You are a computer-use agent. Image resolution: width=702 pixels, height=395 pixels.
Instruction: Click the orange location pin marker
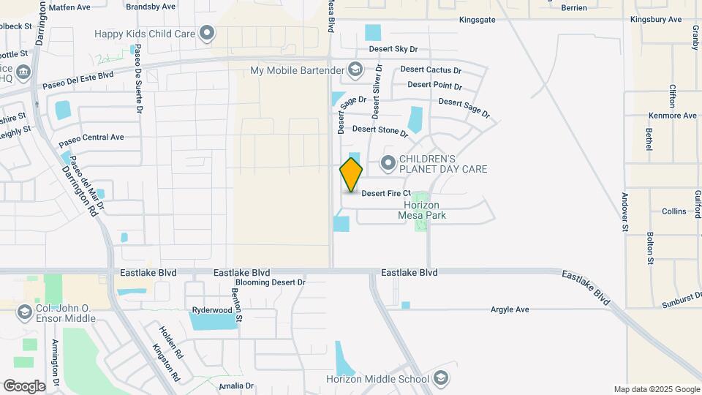pos(351,174)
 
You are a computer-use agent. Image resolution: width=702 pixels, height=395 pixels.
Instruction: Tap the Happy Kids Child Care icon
pos(208,33)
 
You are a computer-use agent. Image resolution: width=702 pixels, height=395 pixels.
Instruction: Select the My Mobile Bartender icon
pos(355,70)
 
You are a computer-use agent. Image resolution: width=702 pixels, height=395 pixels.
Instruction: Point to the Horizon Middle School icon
pos(440,378)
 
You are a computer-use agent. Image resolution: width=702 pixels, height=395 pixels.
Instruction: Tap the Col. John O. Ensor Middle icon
pos(24,312)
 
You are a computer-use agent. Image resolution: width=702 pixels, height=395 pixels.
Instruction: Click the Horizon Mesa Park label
pos(421,210)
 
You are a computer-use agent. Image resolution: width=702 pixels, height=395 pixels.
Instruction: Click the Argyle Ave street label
pos(510,309)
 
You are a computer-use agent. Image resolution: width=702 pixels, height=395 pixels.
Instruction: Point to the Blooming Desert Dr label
pos(270,282)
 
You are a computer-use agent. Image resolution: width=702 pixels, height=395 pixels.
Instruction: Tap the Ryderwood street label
pos(211,310)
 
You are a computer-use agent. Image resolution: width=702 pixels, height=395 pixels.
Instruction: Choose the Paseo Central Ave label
pos(91,138)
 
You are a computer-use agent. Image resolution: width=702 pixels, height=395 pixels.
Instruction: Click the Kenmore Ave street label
pos(673,116)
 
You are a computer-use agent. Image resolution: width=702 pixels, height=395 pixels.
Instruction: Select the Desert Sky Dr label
pos(393,49)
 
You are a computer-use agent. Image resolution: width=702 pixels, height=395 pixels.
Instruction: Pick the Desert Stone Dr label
pos(380,130)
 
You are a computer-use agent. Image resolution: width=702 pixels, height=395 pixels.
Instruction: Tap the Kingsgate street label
pos(477,20)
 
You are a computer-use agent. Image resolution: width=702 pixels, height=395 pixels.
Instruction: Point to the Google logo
pos(24,385)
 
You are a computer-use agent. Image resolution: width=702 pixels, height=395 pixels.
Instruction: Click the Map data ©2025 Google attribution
pos(656,389)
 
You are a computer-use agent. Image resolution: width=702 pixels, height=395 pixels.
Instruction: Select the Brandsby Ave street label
pos(151,7)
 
